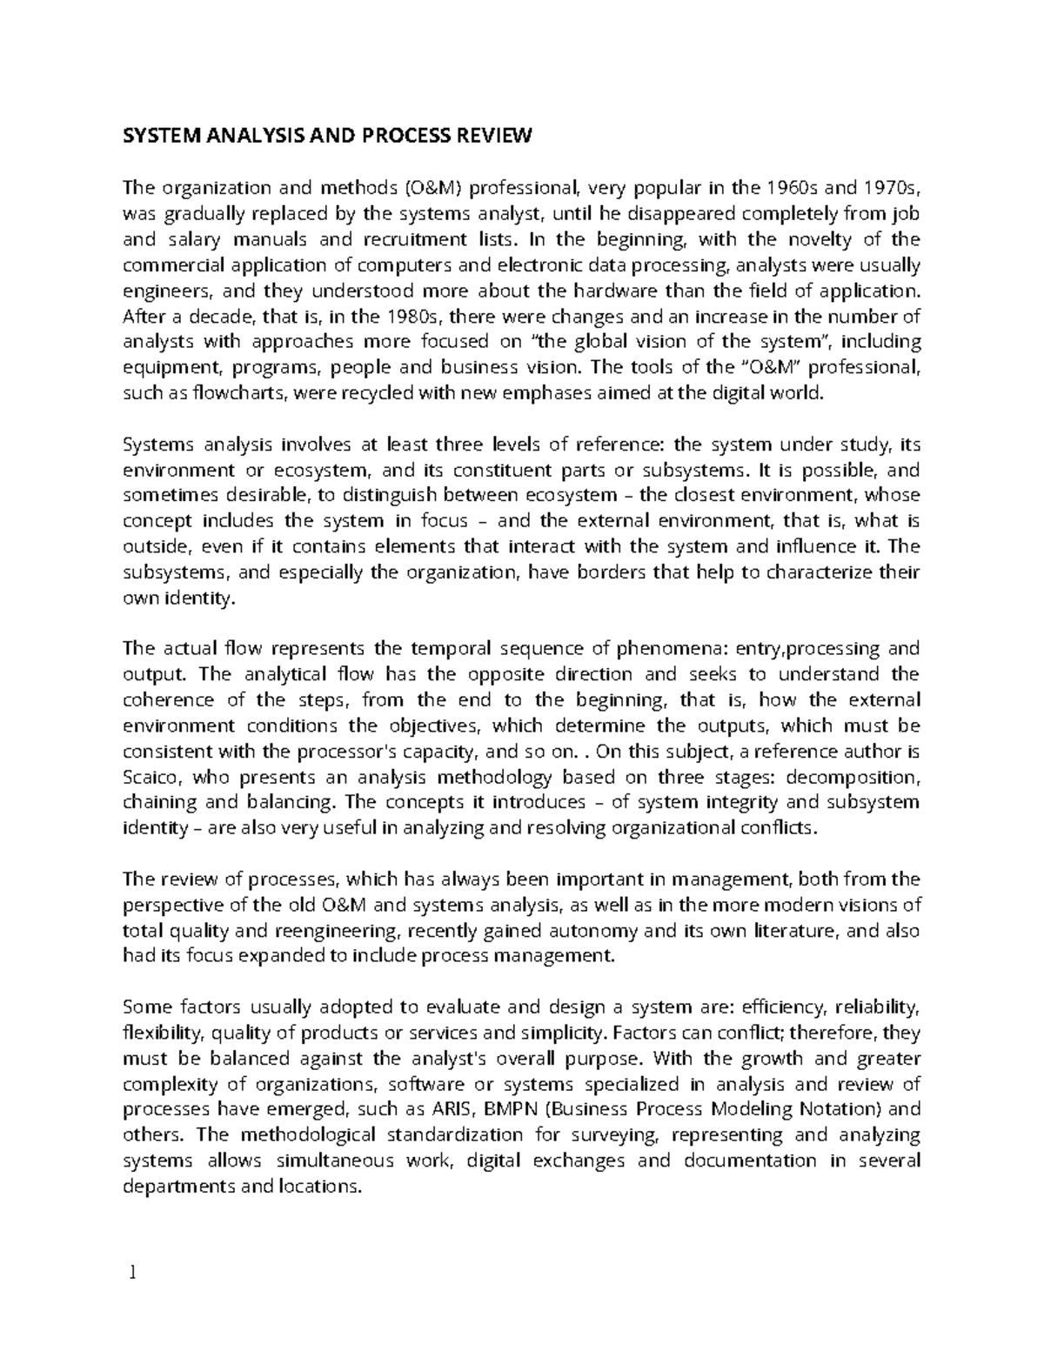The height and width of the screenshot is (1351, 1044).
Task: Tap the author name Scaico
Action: click(151, 776)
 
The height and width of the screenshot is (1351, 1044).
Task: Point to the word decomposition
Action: click(850, 776)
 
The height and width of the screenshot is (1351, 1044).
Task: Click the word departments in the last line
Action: click(179, 1186)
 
